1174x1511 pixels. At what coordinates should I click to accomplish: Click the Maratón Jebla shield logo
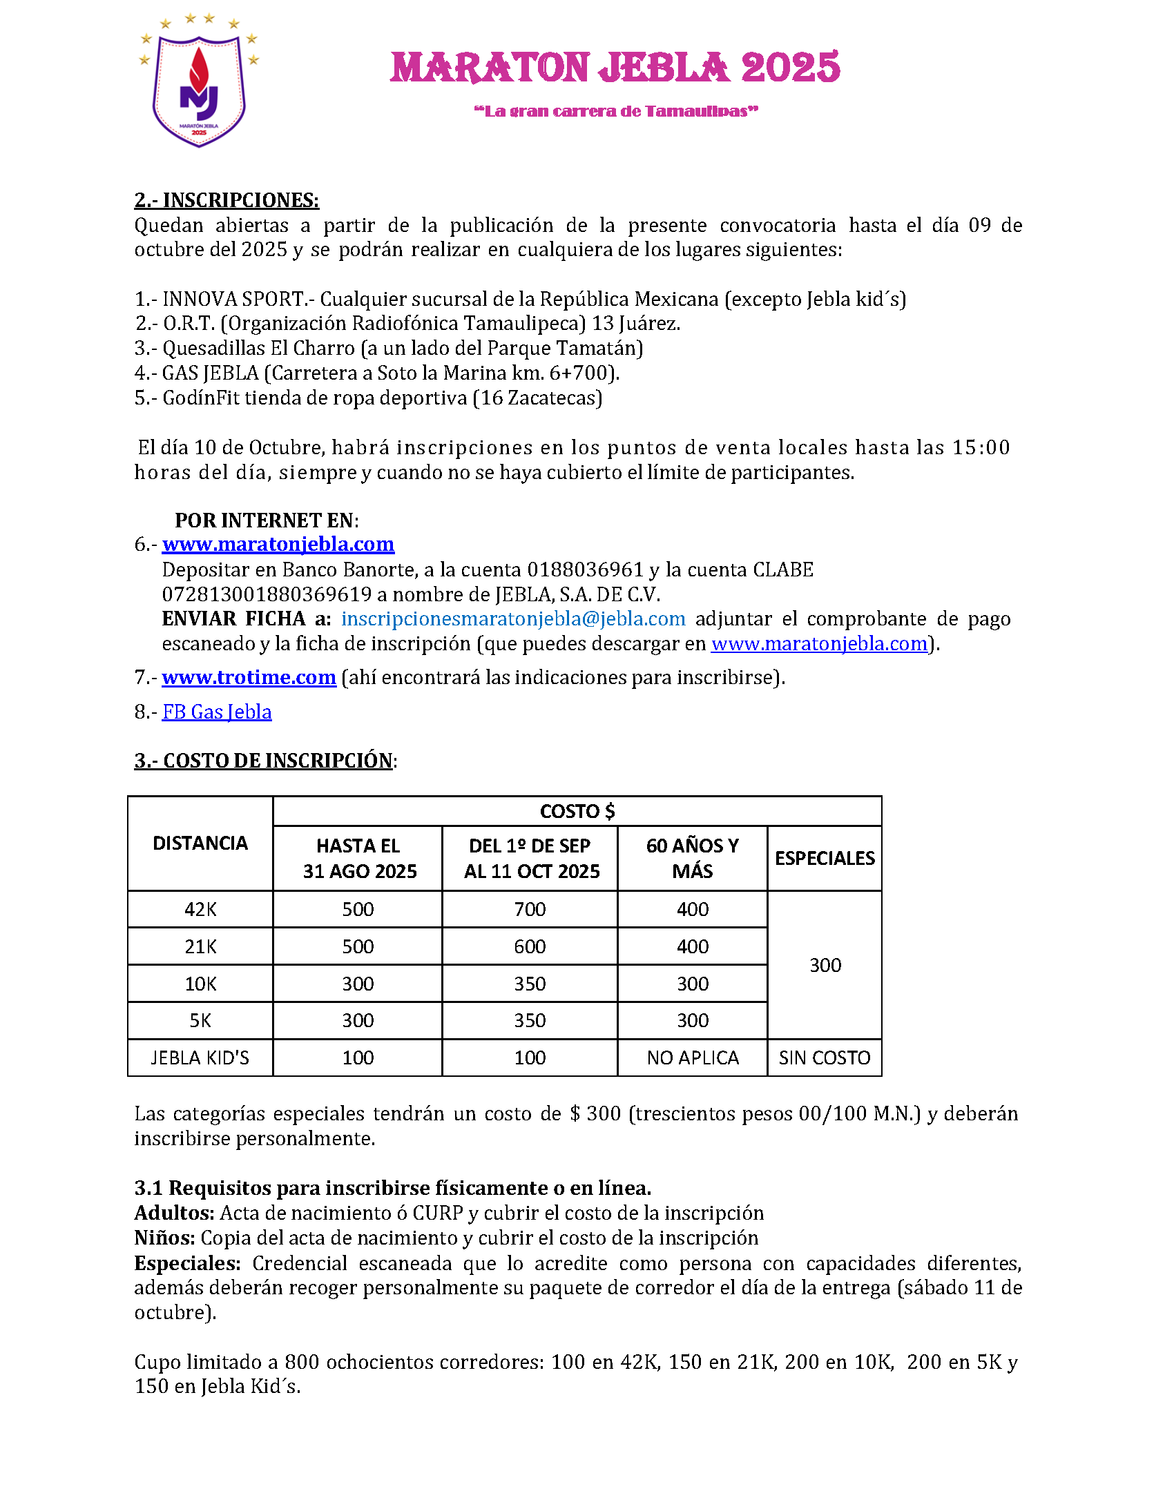tap(199, 81)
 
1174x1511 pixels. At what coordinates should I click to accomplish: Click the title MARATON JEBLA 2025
tap(615, 68)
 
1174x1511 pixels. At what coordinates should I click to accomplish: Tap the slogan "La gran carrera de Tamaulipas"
tap(615, 111)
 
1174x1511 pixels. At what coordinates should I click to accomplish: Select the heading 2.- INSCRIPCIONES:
tap(227, 200)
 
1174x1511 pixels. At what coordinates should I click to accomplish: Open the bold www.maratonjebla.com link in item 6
tap(278, 545)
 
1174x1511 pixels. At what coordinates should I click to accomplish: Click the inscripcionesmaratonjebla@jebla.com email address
tap(513, 618)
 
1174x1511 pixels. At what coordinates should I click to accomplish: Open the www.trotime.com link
tap(249, 677)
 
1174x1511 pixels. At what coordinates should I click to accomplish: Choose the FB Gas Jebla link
tap(217, 712)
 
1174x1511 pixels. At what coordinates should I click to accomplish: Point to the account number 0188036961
tap(586, 569)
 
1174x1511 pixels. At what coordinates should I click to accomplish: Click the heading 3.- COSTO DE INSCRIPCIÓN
tap(264, 761)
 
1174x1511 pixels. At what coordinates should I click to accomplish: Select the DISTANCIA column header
tap(200, 843)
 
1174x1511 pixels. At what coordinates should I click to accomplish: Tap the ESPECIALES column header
tap(825, 858)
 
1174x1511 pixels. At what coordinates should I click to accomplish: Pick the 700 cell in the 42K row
tap(530, 909)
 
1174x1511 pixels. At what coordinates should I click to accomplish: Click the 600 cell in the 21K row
tap(530, 946)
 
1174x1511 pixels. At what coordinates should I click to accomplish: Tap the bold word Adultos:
tap(175, 1213)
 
